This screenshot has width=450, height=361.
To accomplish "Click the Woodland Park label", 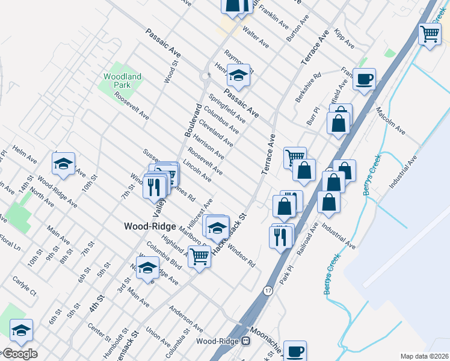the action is [x=122, y=81].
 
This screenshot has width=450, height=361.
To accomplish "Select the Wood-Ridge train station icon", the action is [x=246, y=341].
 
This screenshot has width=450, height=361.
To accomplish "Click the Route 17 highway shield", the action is [x=268, y=291].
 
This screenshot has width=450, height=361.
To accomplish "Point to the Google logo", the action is [x=20, y=353].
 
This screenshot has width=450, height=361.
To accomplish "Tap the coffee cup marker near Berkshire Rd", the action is [x=363, y=79].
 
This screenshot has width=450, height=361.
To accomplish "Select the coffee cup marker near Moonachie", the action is [x=295, y=351].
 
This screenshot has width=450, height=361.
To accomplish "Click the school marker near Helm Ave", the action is [x=63, y=164].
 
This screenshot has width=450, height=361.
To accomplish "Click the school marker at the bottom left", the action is [x=21, y=330].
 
